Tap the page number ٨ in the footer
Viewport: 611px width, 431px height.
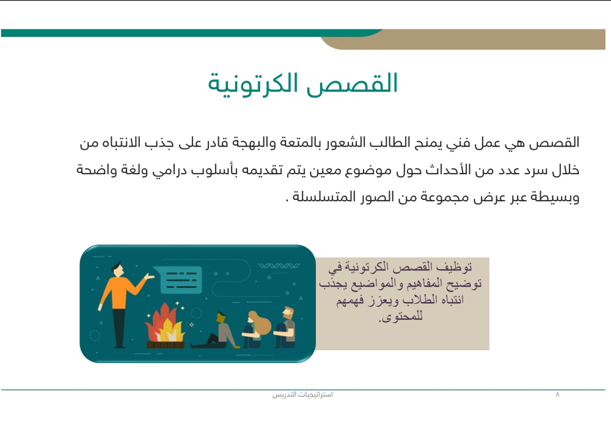tap(557, 395)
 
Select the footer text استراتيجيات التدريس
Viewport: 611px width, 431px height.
tap(302, 395)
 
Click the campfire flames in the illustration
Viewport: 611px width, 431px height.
tap(164, 324)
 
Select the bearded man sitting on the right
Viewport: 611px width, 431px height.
tap(285, 327)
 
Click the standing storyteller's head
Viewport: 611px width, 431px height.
tap(117, 267)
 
